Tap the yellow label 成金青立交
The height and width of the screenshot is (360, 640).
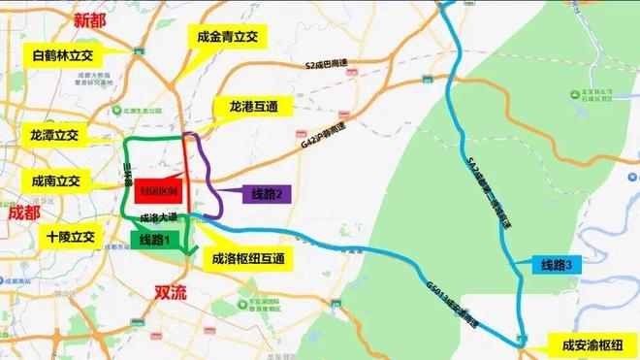pyautogui.click(x=226, y=37)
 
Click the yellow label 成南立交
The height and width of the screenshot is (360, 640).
pyautogui.click(x=54, y=180)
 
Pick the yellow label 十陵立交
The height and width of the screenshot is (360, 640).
pyautogui.click(x=68, y=236)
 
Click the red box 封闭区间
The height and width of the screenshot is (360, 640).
pyautogui.click(x=155, y=190)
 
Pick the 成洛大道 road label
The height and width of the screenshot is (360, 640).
pyautogui.click(x=157, y=218)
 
